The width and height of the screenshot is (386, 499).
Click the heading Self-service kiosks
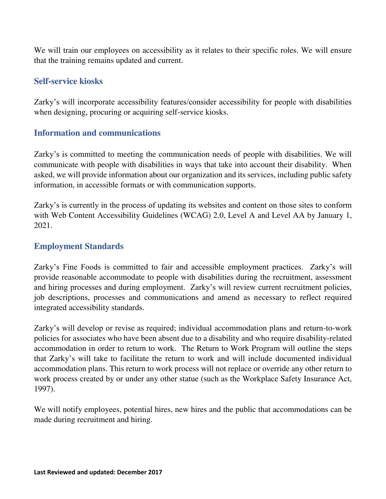68,81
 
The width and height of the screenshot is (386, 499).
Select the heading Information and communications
97,133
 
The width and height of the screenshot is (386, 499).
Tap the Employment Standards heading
79,246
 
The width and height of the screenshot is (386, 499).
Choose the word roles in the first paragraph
288,50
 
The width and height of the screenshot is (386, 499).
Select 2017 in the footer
155,472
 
